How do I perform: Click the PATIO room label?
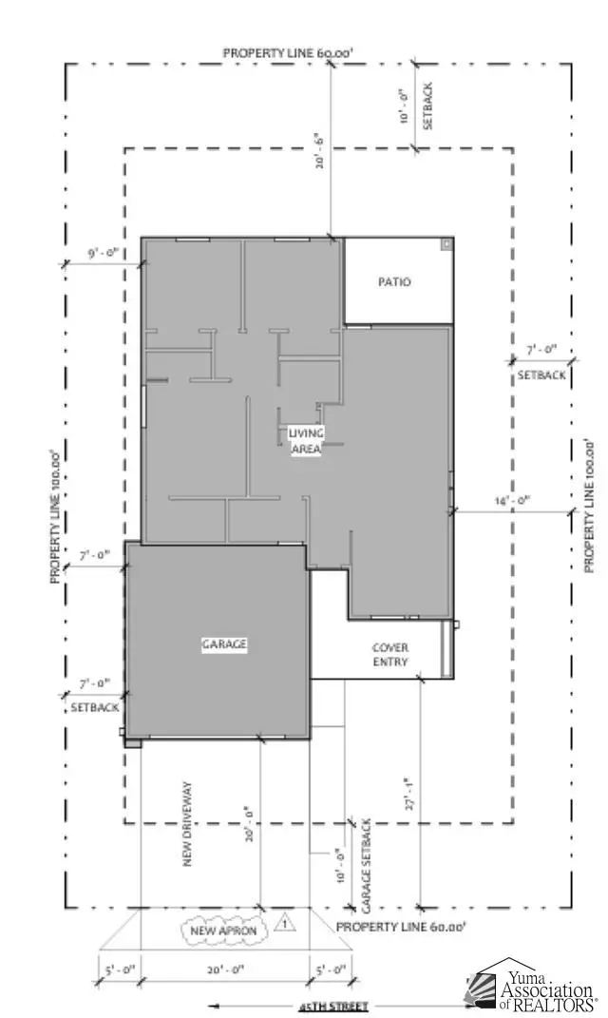click(394, 282)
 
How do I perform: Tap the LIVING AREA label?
click(305, 441)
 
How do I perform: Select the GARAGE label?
click(224, 644)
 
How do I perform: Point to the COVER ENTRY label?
click(389, 654)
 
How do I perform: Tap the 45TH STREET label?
click(332, 1005)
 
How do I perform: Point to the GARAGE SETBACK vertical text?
click(365, 862)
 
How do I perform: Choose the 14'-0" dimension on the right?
click(512, 500)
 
